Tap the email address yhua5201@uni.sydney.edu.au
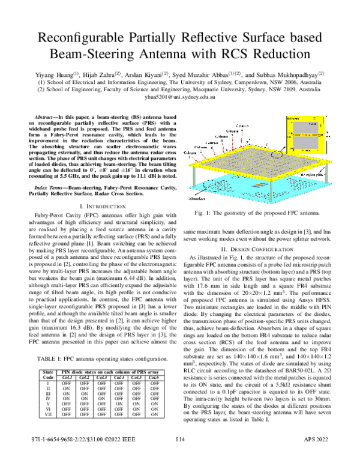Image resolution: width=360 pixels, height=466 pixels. point(179,96)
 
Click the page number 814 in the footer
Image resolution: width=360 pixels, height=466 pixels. point(179,456)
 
